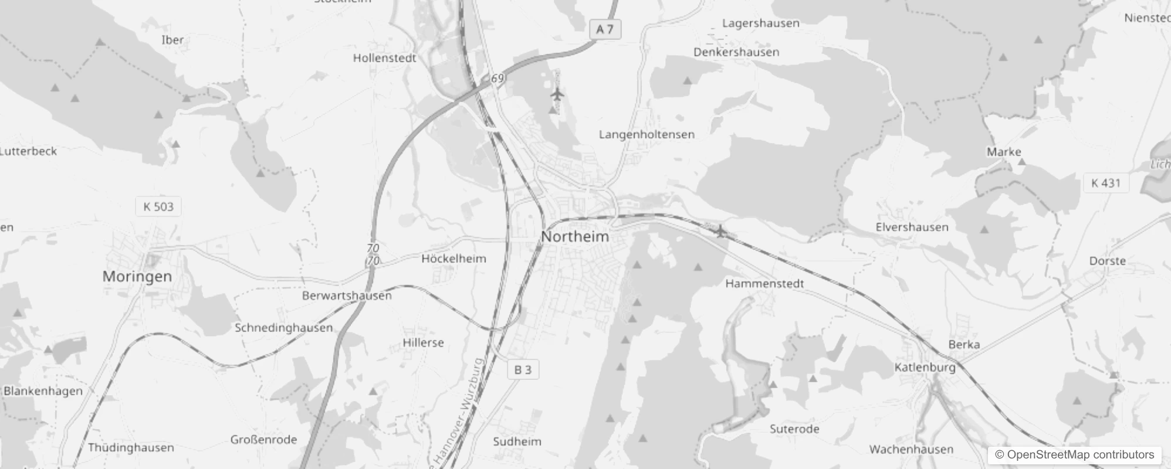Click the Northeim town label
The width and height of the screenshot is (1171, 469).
[575, 237]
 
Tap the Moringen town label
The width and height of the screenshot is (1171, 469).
[137, 277]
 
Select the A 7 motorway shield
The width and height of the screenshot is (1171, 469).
[604, 29]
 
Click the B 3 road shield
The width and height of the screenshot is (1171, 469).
[523, 370]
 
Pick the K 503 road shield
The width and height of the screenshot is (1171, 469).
[158, 206]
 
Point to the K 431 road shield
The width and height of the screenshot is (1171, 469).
[1105, 183]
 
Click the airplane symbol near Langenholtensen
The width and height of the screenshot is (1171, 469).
[557, 94]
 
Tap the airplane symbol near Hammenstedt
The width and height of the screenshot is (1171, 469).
[721, 232]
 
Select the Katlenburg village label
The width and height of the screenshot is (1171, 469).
[925, 368]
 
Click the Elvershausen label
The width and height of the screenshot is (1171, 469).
[912, 227]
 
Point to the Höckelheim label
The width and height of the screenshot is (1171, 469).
[453, 259]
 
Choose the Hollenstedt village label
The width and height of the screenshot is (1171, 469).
[384, 58]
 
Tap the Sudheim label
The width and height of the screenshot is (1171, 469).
[517, 441]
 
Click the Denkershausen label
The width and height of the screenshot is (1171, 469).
[736, 52]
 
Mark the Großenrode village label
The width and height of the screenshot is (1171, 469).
[263, 440]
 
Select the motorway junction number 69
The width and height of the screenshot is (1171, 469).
[497, 78]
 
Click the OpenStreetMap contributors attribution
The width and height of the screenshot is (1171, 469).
[1074, 454]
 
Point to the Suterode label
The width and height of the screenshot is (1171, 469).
[794, 429]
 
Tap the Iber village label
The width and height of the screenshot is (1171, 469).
[172, 40]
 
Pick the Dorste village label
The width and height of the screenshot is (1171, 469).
[1107, 261]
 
